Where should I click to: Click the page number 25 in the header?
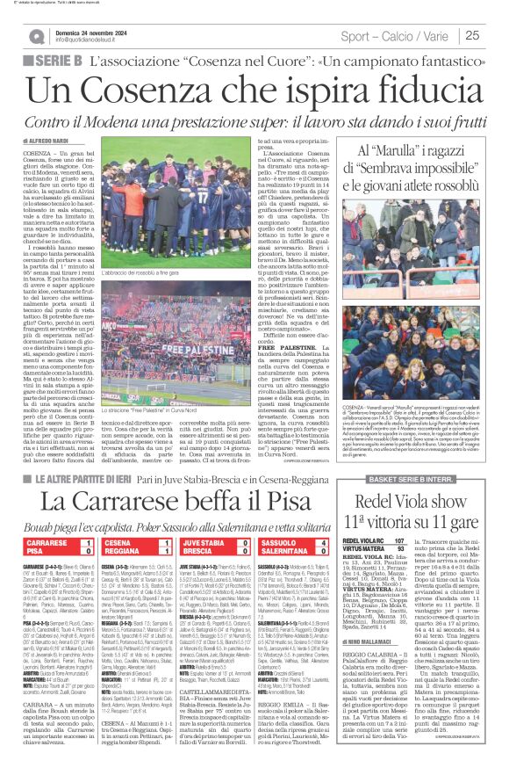[x=496, y=35]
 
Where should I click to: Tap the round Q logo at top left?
[x=37, y=36]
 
